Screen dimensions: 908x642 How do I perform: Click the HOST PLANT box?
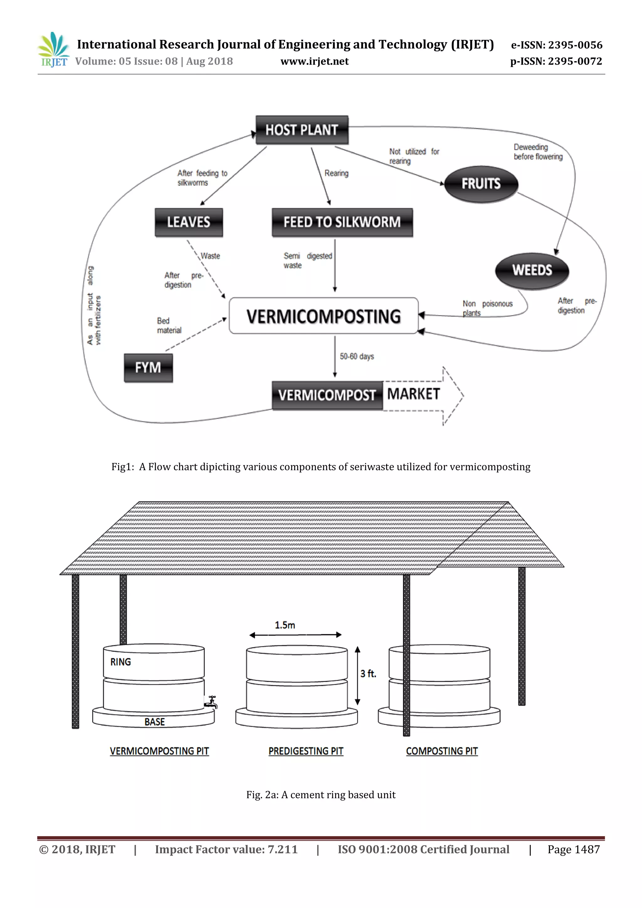pos(302,130)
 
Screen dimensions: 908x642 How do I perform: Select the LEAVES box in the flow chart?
pos(189,222)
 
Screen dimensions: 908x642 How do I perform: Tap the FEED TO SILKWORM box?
pos(342,222)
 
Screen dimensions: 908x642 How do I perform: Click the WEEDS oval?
pos(532,270)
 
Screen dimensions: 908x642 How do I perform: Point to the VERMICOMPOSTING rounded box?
pos(324,316)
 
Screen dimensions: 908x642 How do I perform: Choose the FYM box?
pos(148,368)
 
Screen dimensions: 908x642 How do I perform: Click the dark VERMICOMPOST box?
pos(327,395)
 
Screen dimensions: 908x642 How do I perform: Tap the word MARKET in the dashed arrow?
pos(413,394)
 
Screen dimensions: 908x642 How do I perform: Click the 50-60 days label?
pos(356,356)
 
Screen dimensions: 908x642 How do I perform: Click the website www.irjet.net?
pos(315,62)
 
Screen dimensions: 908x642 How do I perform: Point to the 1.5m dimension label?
pos(285,625)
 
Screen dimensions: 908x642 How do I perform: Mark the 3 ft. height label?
pos(368,673)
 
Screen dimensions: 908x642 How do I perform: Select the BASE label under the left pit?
pos(155,722)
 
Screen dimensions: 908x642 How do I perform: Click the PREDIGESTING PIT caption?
pos(306,751)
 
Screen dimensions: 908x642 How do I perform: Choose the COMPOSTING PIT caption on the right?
pos(442,751)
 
